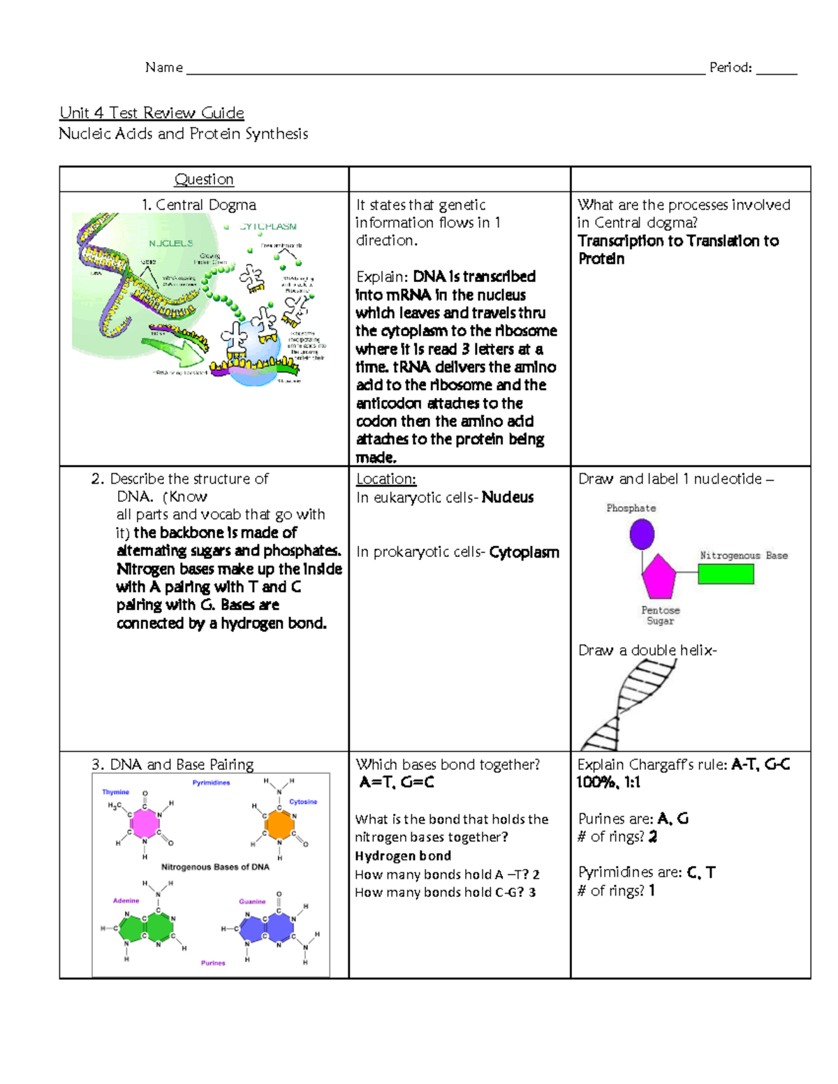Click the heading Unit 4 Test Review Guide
tap(152, 112)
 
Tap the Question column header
tap(204, 179)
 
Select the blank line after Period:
tap(776, 69)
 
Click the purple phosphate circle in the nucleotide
tap(642, 535)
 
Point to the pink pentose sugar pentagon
tap(659, 577)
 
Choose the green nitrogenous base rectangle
tap(726, 574)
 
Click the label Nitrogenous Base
tap(744, 556)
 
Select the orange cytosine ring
tap(279, 824)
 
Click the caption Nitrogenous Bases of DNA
tap(215, 867)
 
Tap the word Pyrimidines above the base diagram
tap(211, 782)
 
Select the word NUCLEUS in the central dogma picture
tap(170, 244)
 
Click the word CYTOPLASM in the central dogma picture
tap(268, 227)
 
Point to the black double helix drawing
tap(628, 705)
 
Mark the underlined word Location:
tap(386, 479)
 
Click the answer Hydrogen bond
tap(403, 856)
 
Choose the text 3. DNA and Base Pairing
tap(172, 764)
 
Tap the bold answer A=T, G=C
tap(397, 782)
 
